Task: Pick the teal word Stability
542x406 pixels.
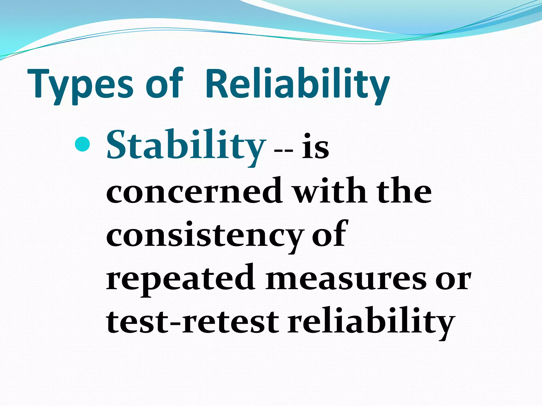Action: click(186, 146)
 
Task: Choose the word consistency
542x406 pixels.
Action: click(204, 235)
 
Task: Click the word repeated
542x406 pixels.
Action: click(180, 279)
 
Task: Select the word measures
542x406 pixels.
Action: click(346, 279)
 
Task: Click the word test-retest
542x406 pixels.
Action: click(192, 322)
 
